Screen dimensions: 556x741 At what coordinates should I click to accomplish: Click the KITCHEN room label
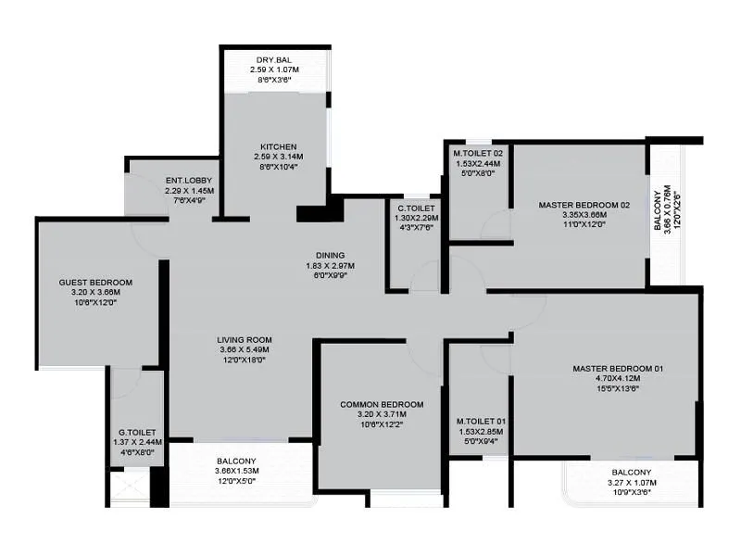point(278,146)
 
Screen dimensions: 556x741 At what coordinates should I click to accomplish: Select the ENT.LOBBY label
point(189,180)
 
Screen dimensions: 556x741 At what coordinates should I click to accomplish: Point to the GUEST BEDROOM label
point(95,283)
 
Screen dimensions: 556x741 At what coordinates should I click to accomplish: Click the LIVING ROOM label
point(244,339)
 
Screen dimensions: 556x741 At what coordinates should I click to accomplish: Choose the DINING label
point(330,256)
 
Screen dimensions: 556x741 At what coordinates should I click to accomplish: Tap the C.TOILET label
point(416,208)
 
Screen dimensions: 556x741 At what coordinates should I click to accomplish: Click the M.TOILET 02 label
point(477,153)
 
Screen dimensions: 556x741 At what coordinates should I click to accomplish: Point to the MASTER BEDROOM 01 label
point(618,369)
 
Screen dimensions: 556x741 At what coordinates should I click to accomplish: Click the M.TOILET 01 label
point(480,422)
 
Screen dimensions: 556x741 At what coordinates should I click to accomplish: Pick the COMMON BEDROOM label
point(382,405)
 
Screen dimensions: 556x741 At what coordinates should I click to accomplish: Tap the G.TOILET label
point(136,432)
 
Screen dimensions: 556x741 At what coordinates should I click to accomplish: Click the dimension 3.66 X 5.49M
point(244,350)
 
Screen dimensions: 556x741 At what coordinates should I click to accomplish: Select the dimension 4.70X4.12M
point(618,379)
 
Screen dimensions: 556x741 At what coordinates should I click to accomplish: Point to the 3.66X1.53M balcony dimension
point(237,471)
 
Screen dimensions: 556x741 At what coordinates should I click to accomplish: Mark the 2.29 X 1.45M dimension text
point(189,190)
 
